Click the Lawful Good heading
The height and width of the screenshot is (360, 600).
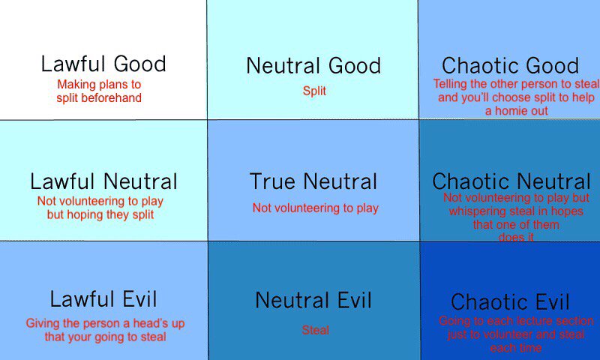pos(103,64)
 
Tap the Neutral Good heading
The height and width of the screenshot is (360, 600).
pos(313,66)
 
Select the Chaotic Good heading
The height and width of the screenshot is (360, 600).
pos(510,66)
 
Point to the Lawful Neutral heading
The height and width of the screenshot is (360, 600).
pos(103,181)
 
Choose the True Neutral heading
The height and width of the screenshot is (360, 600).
pos(313,181)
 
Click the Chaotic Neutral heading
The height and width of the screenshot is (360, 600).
pos(511,181)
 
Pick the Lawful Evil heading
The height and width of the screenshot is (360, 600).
pos(103,300)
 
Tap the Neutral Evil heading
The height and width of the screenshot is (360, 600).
pos(313,301)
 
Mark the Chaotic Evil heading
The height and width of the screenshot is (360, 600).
pos(510,303)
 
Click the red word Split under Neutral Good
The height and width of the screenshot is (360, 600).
pos(315,91)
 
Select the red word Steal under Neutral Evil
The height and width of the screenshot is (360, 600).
pos(316,330)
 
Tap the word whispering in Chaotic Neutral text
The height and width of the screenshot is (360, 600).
pos(472,211)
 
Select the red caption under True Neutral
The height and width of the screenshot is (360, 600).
pos(315,208)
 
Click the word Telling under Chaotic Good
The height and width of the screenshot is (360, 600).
pos(452,84)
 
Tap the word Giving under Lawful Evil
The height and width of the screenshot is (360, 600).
pos(42,324)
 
